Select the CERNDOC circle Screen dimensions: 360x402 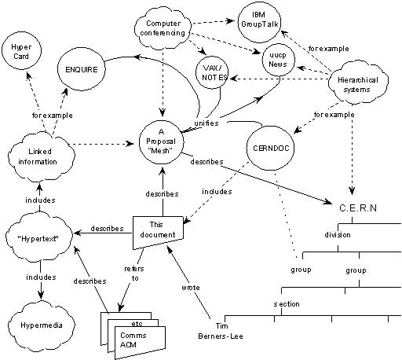(269, 146)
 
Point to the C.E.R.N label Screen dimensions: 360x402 (359, 206)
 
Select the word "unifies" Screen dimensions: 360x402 (206, 123)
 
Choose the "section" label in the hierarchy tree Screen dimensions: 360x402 (286, 303)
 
